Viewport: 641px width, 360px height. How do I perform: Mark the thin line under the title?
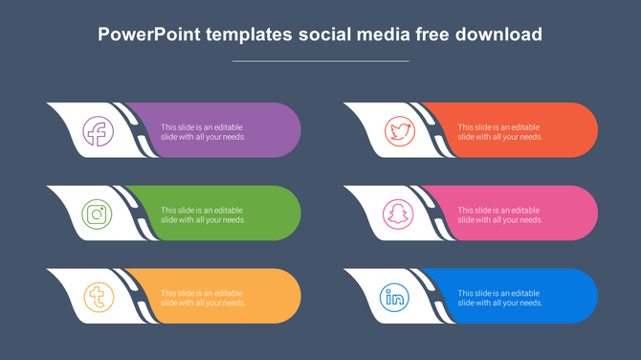pos(320,61)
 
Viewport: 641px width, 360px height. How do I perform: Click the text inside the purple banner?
pos(203,131)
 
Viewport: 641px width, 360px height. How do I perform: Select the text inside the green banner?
pos(203,214)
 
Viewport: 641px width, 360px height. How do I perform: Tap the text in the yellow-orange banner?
pos(203,297)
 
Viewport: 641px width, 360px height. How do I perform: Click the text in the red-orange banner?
pos(499,131)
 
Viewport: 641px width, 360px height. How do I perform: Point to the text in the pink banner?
pos(499,214)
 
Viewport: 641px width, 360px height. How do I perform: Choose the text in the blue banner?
pos(499,297)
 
